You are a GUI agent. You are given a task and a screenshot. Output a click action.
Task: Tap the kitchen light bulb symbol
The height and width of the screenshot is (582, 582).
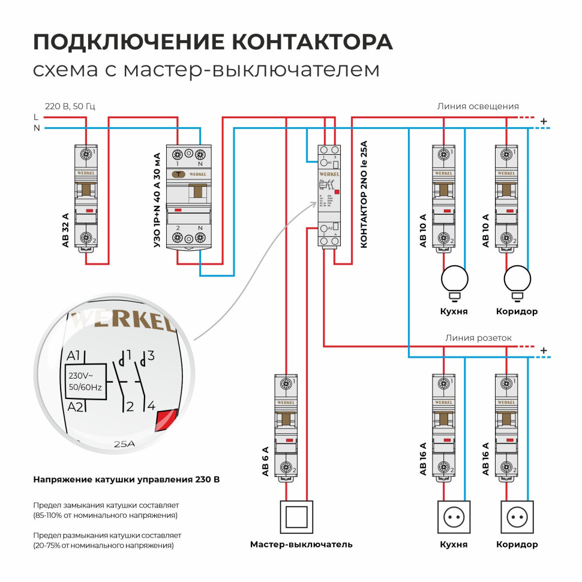(x=455, y=279)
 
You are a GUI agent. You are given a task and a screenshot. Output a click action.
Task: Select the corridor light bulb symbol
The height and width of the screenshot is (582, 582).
(x=518, y=279)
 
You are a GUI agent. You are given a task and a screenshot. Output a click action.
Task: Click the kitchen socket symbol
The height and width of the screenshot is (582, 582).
(x=454, y=517)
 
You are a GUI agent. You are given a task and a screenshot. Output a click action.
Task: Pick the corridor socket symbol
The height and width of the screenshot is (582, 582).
(x=517, y=517)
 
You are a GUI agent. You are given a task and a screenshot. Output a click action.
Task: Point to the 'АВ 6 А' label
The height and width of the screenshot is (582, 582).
(x=265, y=461)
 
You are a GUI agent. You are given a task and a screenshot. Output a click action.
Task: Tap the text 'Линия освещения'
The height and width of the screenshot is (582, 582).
(x=478, y=106)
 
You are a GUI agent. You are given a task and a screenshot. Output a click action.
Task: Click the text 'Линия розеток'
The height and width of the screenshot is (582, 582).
(x=478, y=338)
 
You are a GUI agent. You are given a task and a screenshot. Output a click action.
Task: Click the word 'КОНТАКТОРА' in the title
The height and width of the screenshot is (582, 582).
(x=313, y=42)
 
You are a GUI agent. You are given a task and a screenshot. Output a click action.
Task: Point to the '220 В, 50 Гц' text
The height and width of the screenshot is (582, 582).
(x=70, y=106)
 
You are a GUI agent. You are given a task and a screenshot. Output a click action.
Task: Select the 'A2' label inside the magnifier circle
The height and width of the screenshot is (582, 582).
(x=75, y=408)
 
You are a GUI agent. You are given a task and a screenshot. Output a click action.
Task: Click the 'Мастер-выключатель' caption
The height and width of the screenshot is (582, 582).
(x=301, y=545)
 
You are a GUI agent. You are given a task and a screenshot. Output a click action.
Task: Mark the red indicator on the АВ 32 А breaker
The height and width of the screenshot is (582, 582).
(x=89, y=211)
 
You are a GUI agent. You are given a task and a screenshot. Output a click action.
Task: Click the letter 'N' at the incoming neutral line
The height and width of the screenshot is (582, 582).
(x=37, y=128)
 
